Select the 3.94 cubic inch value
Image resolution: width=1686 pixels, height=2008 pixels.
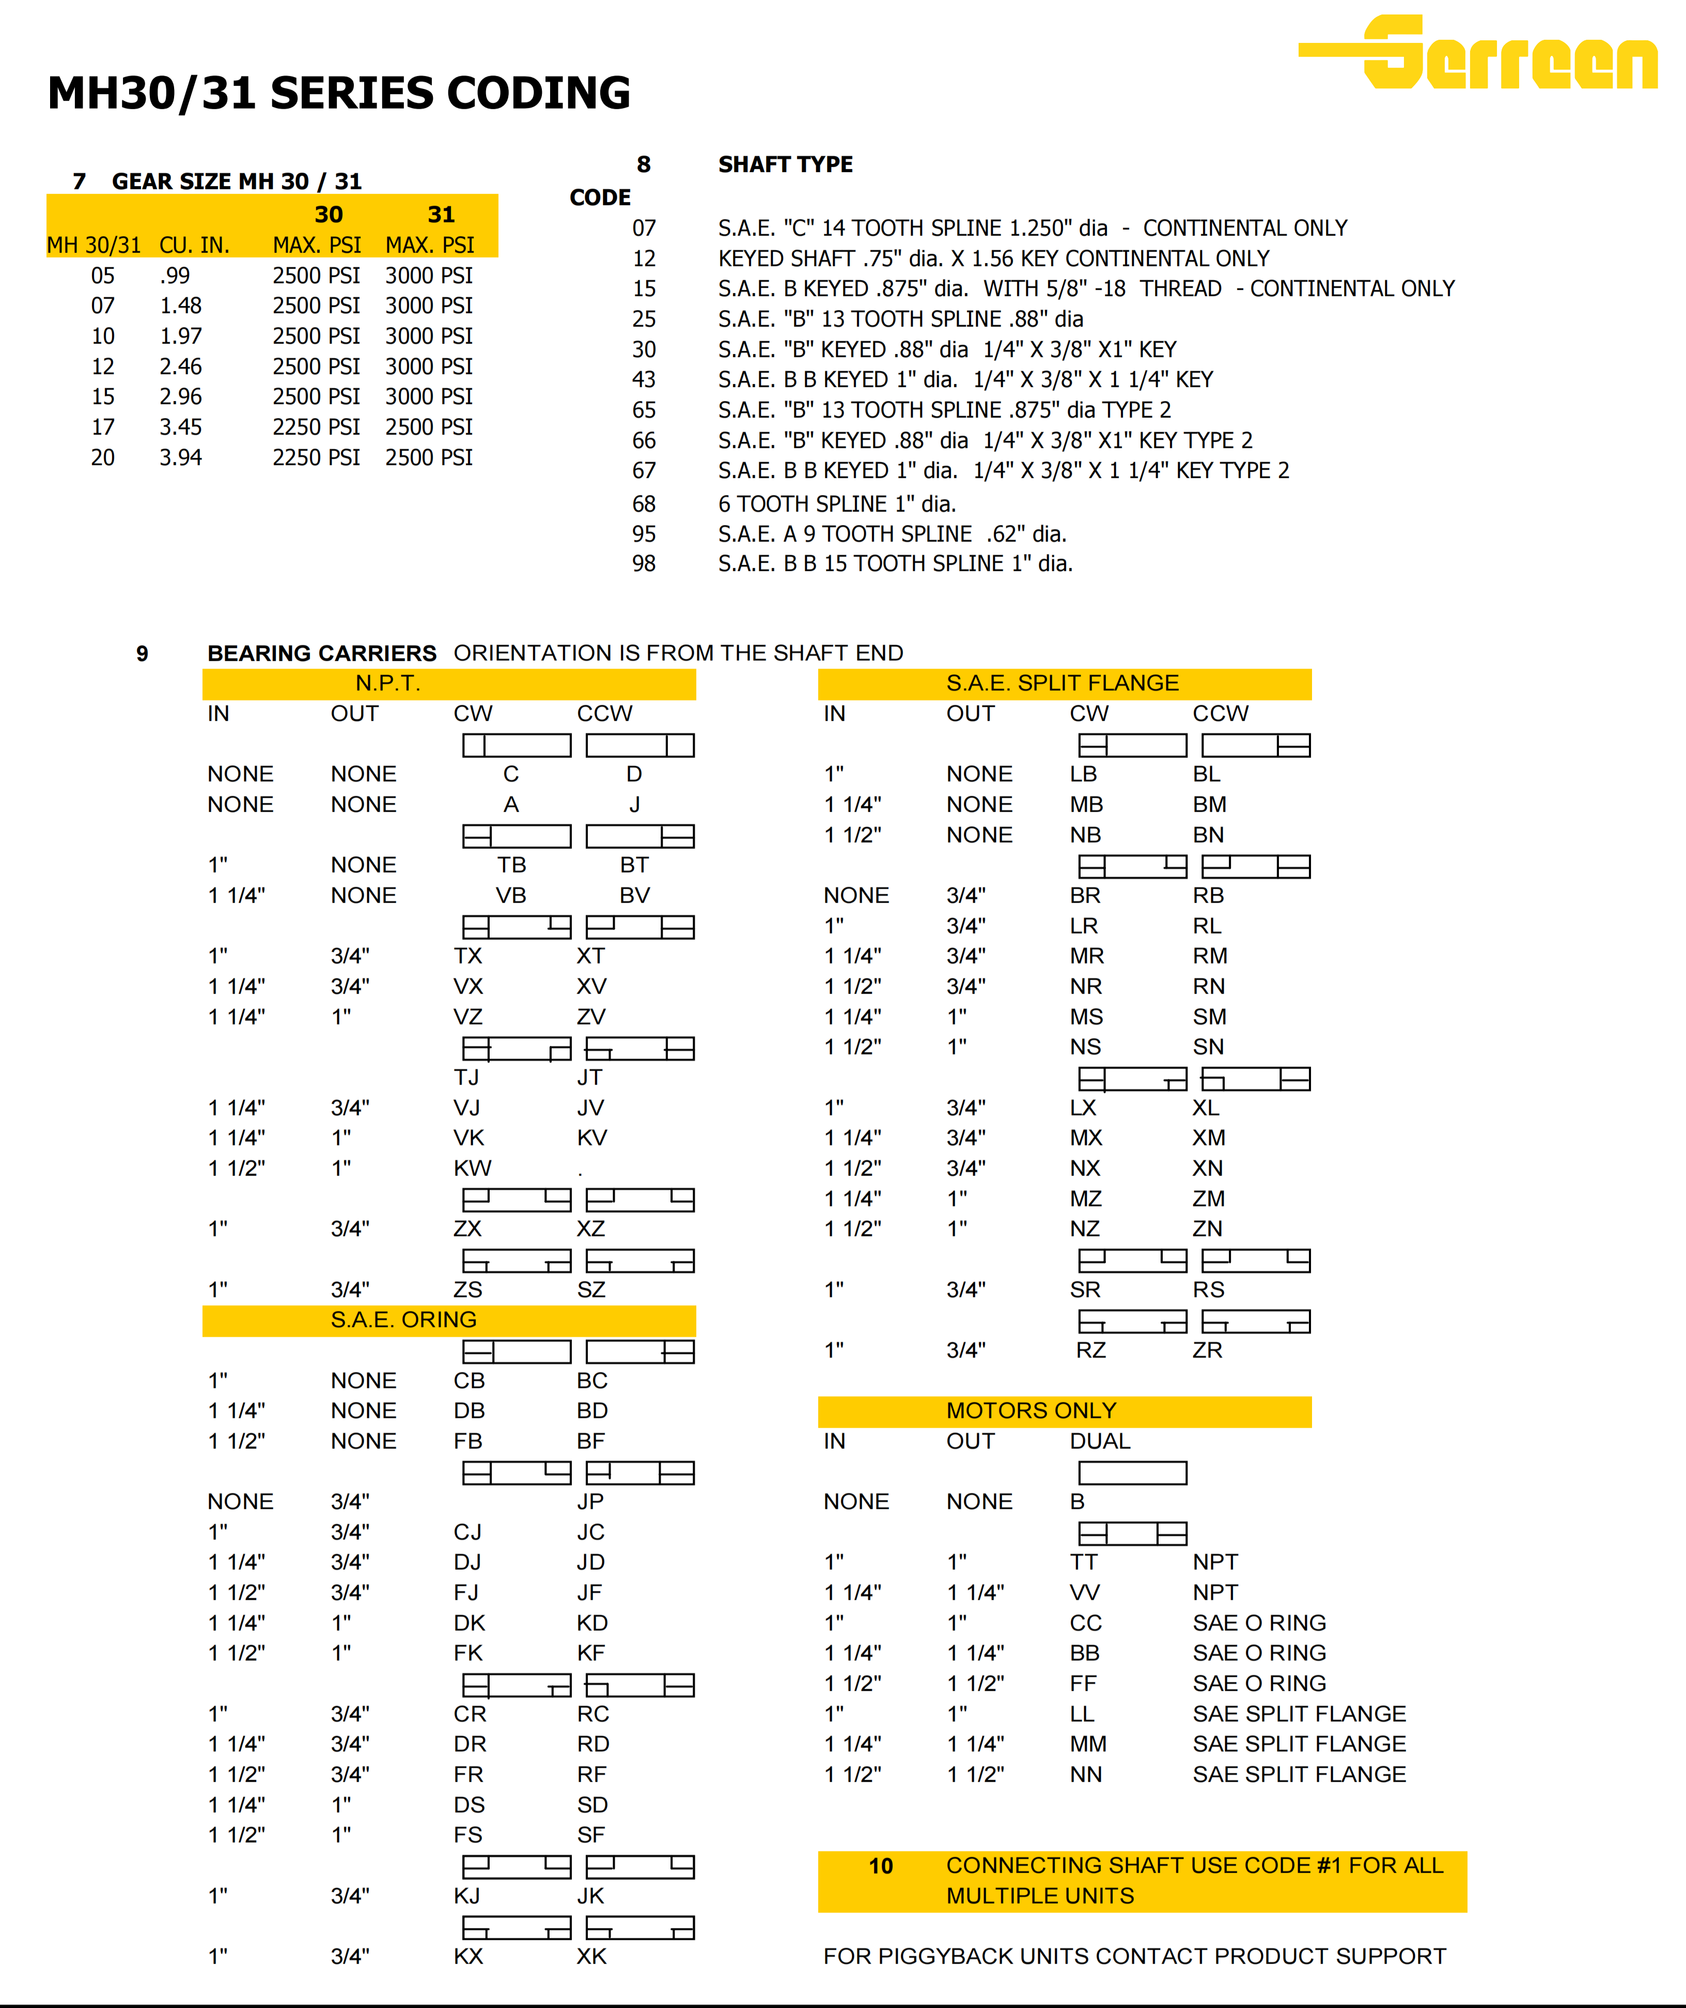click(x=181, y=458)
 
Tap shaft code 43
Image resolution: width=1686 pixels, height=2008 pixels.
click(x=644, y=380)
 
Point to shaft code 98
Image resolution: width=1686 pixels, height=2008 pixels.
click(x=644, y=564)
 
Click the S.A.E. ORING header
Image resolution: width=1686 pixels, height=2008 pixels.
click(x=403, y=1321)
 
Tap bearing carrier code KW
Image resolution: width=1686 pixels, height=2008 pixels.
click(x=472, y=1168)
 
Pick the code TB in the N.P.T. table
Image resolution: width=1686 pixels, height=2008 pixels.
click(x=511, y=866)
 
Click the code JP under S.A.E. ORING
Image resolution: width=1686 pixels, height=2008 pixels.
click(x=591, y=1502)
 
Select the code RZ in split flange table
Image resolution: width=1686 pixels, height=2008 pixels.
click(x=1090, y=1351)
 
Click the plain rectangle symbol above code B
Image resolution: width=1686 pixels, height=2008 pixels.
click(x=1133, y=1474)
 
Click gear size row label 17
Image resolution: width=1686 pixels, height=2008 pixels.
click(x=103, y=427)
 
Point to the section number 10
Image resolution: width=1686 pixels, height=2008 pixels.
click(x=880, y=1866)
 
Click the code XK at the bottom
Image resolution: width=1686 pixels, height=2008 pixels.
click(x=591, y=1957)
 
